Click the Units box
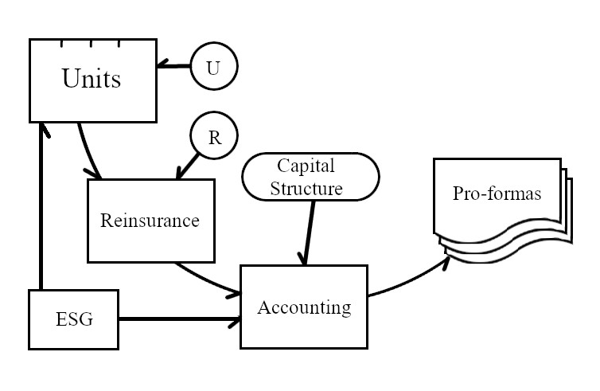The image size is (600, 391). point(92,80)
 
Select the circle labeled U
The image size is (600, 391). point(214,68)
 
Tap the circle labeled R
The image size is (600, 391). point(214,137)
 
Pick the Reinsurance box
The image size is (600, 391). point(150,221)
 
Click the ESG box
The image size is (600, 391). point(73,320)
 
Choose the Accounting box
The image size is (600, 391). point(303,307)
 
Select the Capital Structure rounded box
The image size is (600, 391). point(310,178)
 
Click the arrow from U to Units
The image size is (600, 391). point(173,66)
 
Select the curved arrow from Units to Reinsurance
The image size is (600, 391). point(85,151)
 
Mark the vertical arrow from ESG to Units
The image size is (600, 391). point(38,207)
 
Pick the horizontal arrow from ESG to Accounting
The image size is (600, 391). point(179,320)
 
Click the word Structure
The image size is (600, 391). point(306,189)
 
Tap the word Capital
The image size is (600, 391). point(306,166)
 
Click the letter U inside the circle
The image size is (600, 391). point(213,68)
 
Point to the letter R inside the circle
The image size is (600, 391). point(214,137)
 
